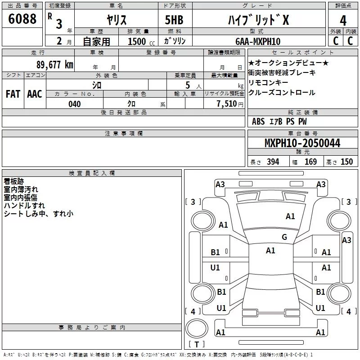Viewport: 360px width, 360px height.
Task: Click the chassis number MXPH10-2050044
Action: point(302,143)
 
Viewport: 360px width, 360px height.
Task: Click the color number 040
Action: point(75,104)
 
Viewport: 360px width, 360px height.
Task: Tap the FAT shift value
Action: point(13,94)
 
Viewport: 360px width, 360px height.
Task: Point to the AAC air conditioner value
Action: point(35,94)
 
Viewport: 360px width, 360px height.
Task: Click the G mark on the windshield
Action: point(284,237)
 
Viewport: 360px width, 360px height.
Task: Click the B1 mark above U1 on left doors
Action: point(216,252)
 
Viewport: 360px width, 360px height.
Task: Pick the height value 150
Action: point(346,162)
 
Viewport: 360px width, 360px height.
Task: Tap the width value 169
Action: point(310,162)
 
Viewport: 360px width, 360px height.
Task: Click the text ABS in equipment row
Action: point(258,121)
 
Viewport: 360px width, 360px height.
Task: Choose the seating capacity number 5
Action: point(187,85)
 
